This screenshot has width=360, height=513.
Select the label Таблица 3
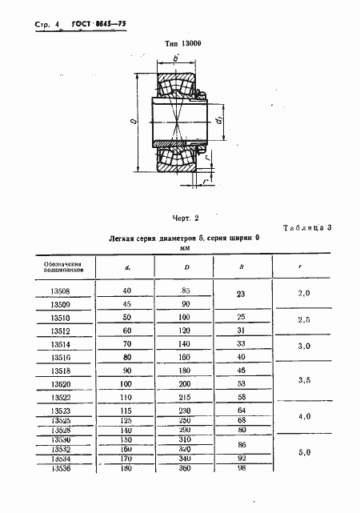pos(312,229)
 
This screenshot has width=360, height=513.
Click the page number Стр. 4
pos(47,26)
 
